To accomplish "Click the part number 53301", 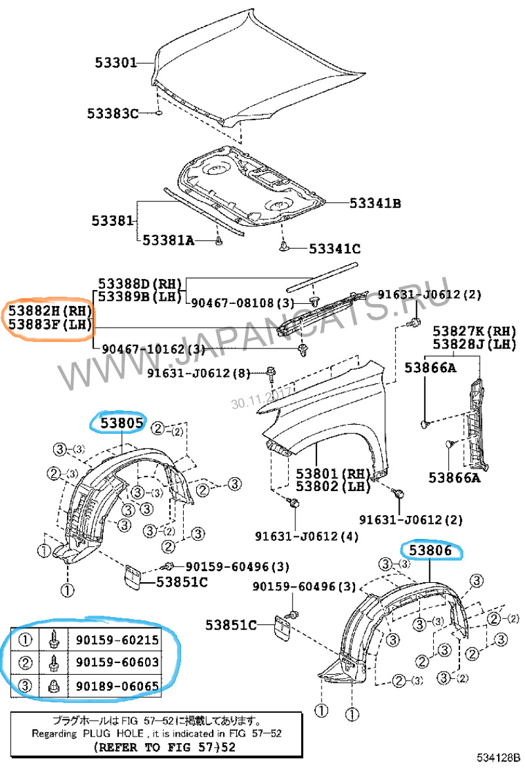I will tap(115, 64).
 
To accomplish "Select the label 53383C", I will tap(113, 114).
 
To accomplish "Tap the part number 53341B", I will tap(375, 203).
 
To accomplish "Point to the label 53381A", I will tap(169, 241).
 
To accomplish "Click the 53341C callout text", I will tap(335, 249).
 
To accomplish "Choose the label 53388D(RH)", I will tap(140, 283).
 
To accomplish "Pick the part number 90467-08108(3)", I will tap(234, 303).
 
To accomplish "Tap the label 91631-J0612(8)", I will tap(199, 373).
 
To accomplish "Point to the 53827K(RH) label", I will tap(474, 330).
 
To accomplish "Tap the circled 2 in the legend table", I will tap(25, 662).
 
